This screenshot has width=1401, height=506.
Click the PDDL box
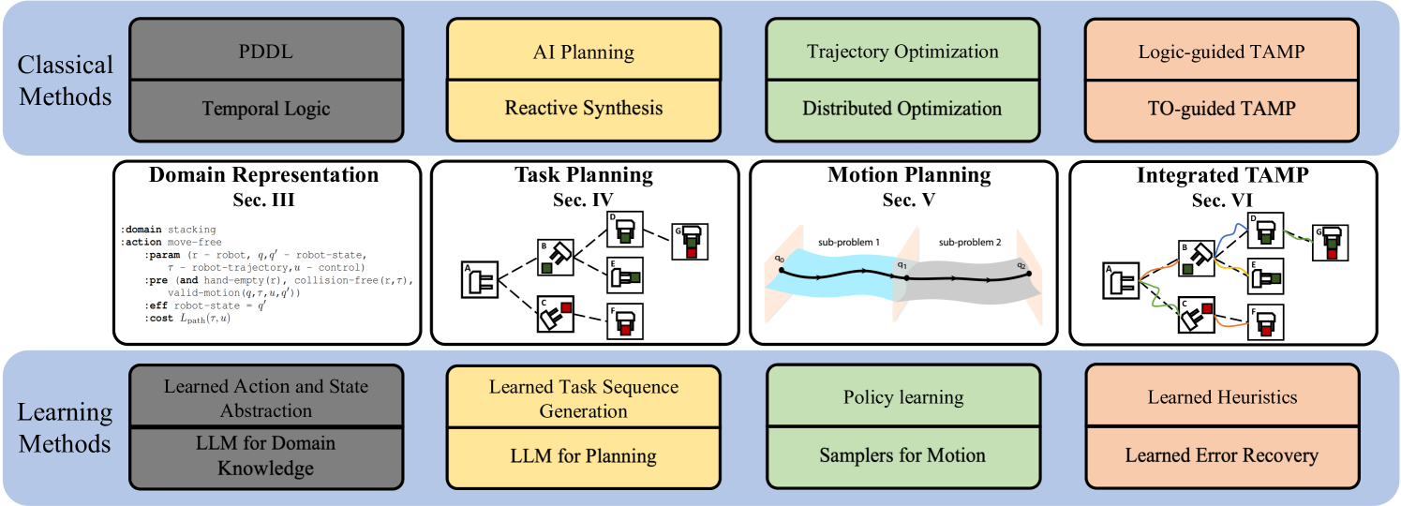click(266, 51)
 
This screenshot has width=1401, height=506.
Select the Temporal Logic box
click(266, 109)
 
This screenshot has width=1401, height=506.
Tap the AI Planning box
click(584, 51)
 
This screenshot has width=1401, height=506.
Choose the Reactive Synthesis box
click(584, 108)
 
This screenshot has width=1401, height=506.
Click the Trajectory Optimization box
click(902, 51)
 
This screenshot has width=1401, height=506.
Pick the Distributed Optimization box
click(902, 108)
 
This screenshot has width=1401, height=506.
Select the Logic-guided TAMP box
click(1222, 51)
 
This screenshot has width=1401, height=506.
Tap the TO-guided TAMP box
click(1222, 108)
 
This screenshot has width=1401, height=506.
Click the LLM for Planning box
click(584, 456)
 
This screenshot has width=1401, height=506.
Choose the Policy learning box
click(902, 397)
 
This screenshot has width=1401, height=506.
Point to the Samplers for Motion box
click(902, 455)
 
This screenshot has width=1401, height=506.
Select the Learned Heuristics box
click(1222, 397)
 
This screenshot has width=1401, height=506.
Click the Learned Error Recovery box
click(1222, 455)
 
